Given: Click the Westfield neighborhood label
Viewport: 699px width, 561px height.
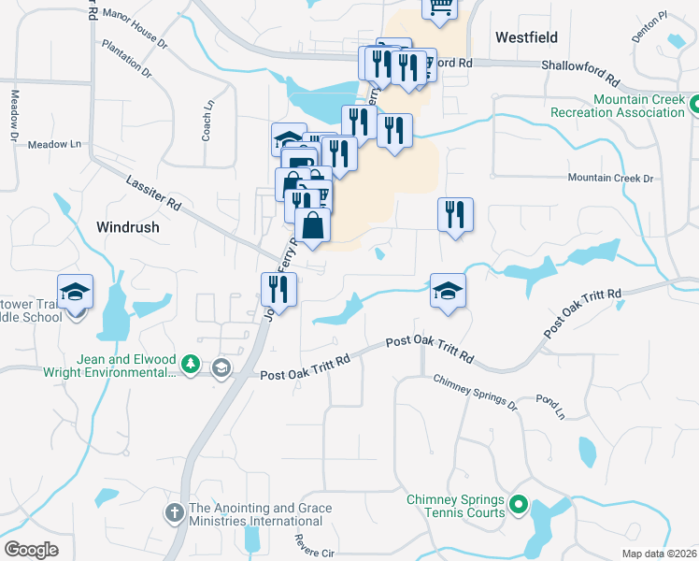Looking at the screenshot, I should (526, 37).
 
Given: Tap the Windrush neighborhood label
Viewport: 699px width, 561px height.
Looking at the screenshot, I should (128, 227).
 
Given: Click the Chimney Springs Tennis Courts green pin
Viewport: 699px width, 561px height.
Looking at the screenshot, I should (517, 507).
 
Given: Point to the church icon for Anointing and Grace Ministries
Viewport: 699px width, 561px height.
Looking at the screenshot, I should (174, 512).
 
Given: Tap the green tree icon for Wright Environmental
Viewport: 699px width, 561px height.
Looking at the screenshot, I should (191, 365).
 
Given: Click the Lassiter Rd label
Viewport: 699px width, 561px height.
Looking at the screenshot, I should (153, 191).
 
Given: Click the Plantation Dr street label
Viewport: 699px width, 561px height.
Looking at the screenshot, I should (127, 57).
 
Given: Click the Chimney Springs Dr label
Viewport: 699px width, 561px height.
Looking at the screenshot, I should (474, 392).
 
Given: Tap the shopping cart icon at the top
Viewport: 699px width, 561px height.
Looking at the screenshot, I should (438, 7).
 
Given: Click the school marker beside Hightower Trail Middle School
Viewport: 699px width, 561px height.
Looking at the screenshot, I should (75, 293).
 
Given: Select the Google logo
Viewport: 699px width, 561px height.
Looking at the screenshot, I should (31, 550).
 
